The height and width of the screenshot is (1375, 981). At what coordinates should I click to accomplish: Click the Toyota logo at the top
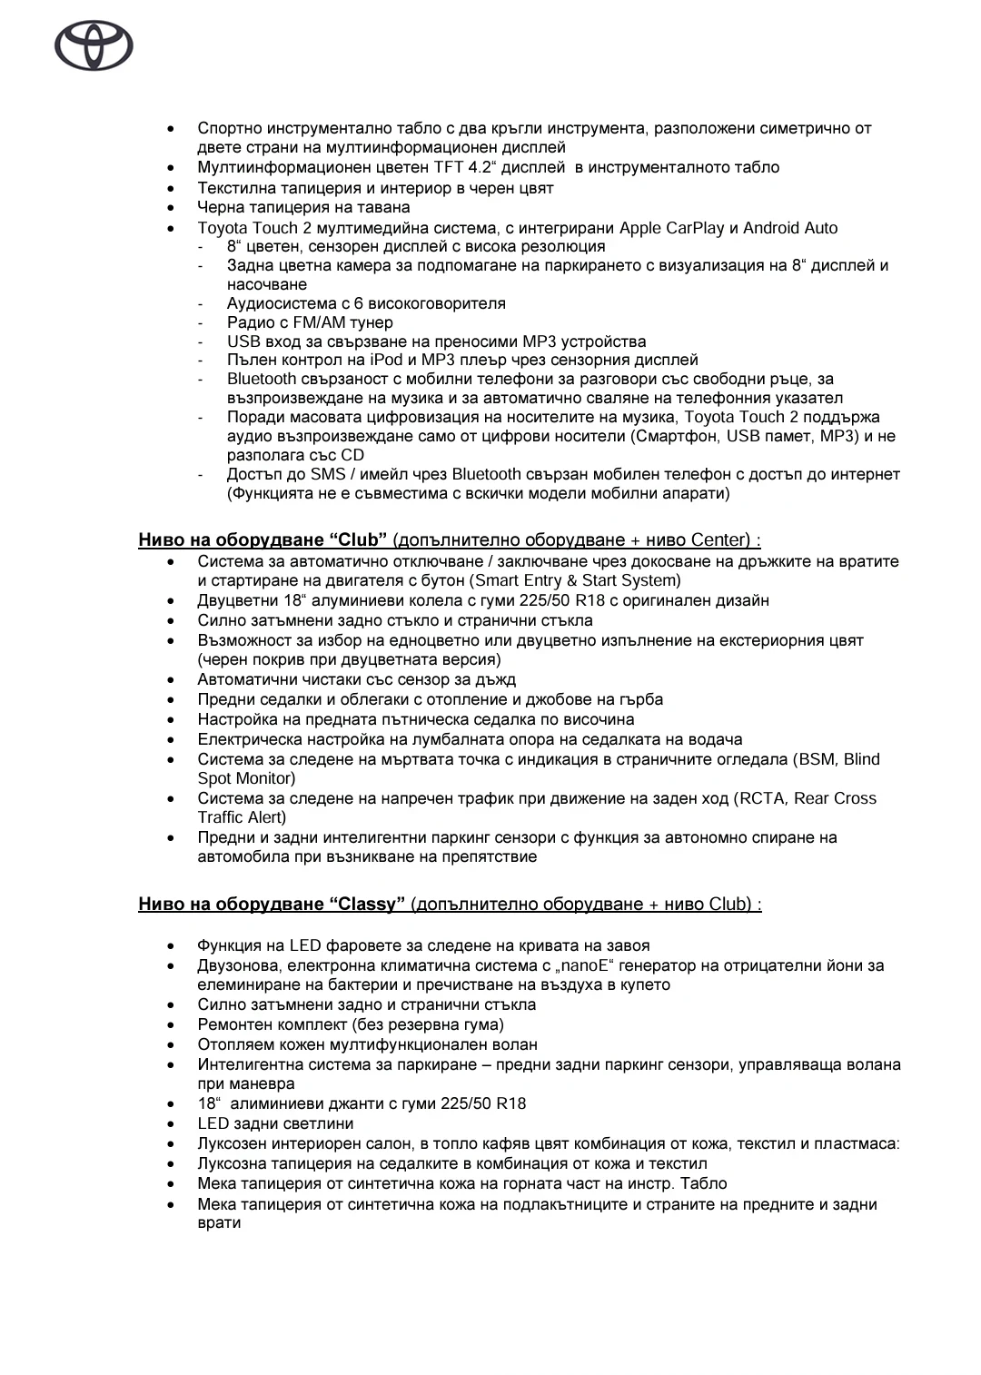[x=94, y=46]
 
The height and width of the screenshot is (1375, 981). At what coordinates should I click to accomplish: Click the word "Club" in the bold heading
[x=359, y=540]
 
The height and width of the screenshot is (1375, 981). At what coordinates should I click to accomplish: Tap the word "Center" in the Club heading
[x=721, y=540]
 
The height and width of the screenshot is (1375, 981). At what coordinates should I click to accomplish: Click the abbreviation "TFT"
[x=449, y=167]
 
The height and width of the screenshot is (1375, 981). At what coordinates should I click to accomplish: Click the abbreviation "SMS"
[x=329, y=474]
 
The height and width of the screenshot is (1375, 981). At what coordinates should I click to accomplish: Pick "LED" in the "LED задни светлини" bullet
[x=213, y=1123]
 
